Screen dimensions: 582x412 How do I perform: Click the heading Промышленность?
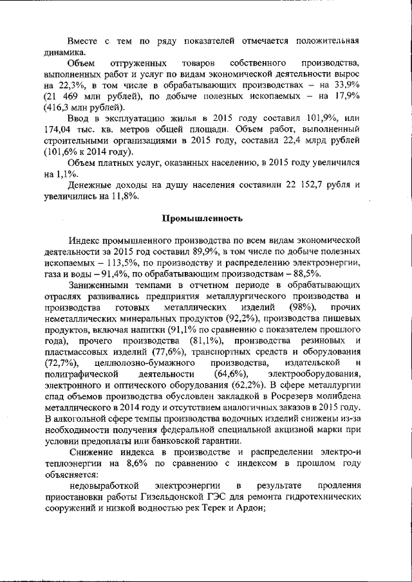pyautogui.click(x=206, y=219)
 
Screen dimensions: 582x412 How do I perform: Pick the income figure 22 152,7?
pyautogui.click(x=310, y=185)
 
